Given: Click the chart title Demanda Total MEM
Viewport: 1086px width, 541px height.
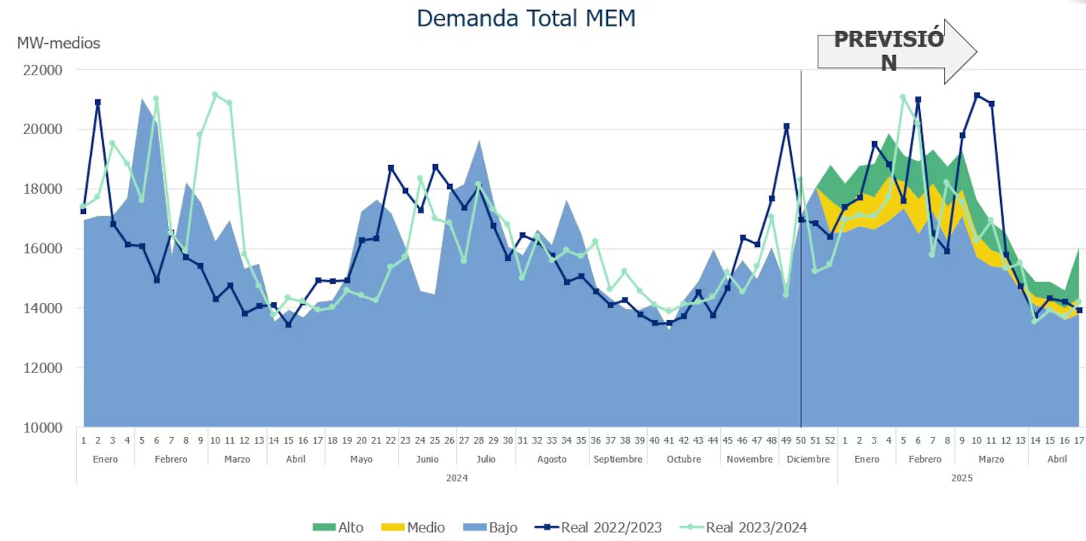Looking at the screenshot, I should [x=526, y=18].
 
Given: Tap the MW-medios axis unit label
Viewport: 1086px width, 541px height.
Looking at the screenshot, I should [x=58, y=43].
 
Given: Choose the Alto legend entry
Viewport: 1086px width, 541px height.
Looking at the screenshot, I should [x=343, y=527].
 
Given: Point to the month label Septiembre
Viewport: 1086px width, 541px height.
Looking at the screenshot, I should [x=618, y=459].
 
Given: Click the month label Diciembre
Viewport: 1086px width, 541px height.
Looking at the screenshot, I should [x=808, y=459].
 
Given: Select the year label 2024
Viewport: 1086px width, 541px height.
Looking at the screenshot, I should [x=456, y=478].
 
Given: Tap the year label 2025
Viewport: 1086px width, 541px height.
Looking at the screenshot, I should [x=962, y=478].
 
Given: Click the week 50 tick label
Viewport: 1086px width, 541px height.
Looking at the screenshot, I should [x=801, y=440].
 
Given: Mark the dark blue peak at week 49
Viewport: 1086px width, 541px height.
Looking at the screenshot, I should [x=787, y=127].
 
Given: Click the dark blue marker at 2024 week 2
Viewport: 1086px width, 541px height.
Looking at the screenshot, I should [x=98, y=102].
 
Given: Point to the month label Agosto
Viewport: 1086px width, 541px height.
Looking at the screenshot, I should [x=552, y=459].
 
